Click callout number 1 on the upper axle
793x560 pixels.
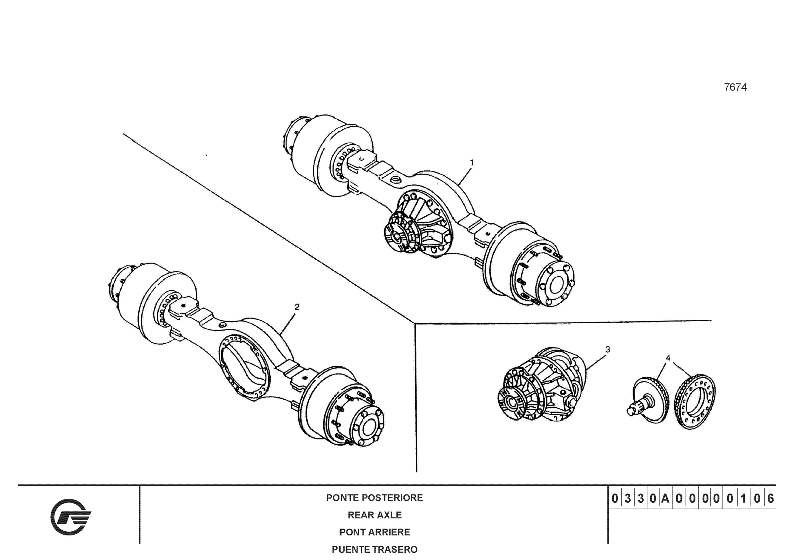(472, 162)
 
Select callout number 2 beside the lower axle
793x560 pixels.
(297, 307)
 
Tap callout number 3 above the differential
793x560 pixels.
(607, 349)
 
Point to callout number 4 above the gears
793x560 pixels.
(668, 358)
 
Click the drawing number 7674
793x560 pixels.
(735, 87)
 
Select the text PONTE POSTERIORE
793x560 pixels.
(375, 498)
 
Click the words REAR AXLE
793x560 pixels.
(375, 515)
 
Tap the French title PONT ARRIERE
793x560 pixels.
(375, 532)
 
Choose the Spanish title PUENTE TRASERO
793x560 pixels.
(375, 549)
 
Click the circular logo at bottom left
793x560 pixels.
(70, 517)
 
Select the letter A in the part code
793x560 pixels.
(665, 499)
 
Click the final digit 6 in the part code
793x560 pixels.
(770, 499)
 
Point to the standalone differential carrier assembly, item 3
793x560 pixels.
(545, 384)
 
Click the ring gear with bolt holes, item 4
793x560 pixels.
(696, 401)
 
